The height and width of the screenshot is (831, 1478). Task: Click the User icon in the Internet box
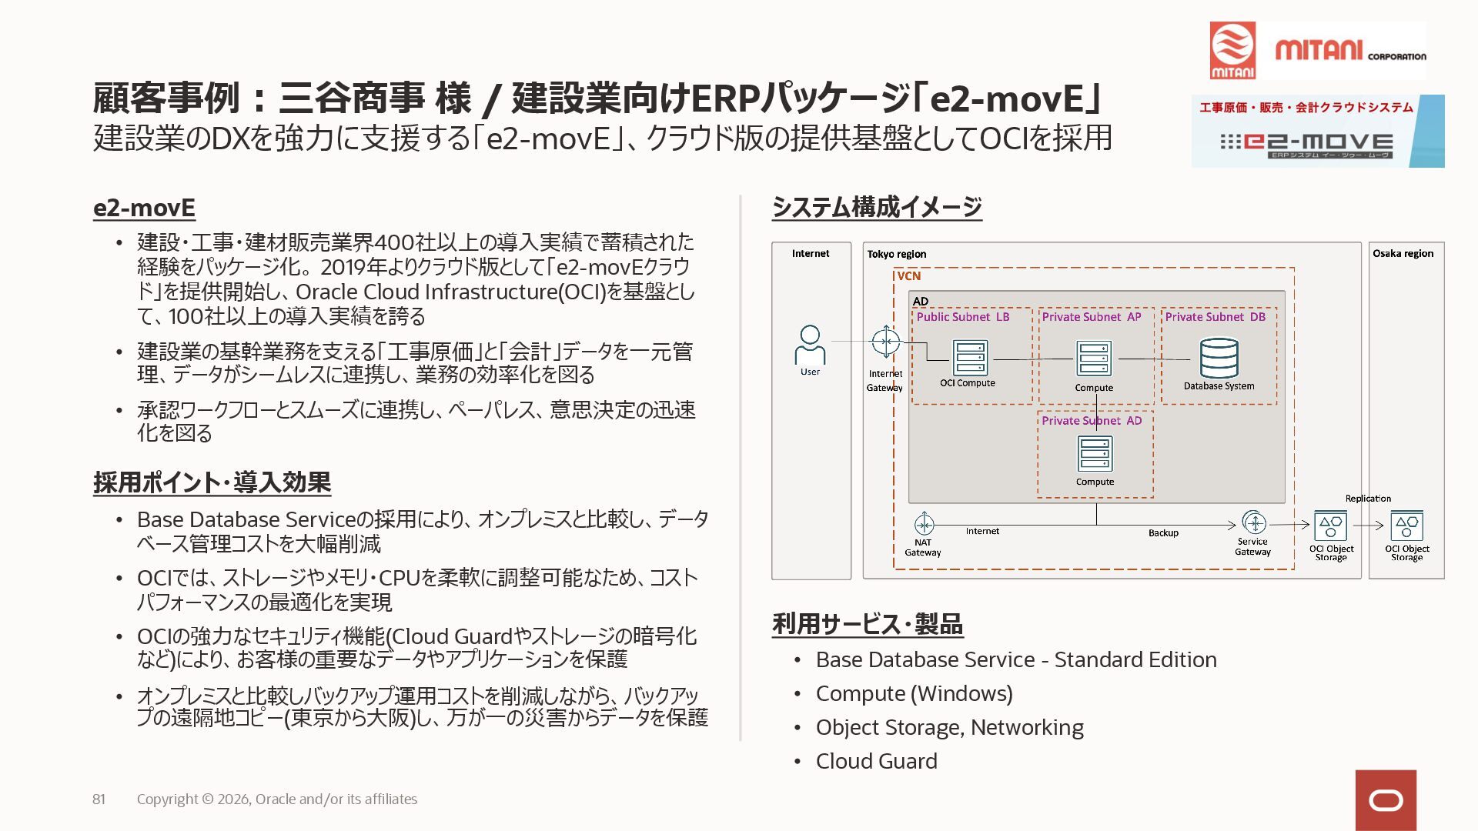point(810,345)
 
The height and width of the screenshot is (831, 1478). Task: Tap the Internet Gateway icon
point(885,342)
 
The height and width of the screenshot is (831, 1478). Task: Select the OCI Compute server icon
point(970,358)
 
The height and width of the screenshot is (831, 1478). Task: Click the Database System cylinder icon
point(1219,359)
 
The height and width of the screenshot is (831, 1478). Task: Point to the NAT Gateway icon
point(924,524)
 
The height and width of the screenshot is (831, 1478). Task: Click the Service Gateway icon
point(1254,523)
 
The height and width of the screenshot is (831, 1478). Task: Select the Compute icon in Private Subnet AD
point(1095,454)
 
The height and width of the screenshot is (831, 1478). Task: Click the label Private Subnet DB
point(1215,317)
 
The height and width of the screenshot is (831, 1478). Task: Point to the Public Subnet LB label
point(962,317)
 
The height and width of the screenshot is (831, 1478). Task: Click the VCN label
point(908,276)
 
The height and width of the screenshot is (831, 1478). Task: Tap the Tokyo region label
point(896,254)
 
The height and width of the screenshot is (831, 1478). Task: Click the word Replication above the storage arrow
point(1368,499)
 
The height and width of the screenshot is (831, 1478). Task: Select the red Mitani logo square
point(1232,50)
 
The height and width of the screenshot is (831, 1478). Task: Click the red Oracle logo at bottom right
point(1386,800)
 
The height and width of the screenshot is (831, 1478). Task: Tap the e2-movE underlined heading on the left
point(144,208)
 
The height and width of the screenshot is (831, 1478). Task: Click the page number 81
point(99,799)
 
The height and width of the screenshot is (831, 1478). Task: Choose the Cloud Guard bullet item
point(876,762)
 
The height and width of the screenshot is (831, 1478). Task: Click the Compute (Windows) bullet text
point(914,694)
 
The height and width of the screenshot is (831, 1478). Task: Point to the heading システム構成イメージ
point(877,207)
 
